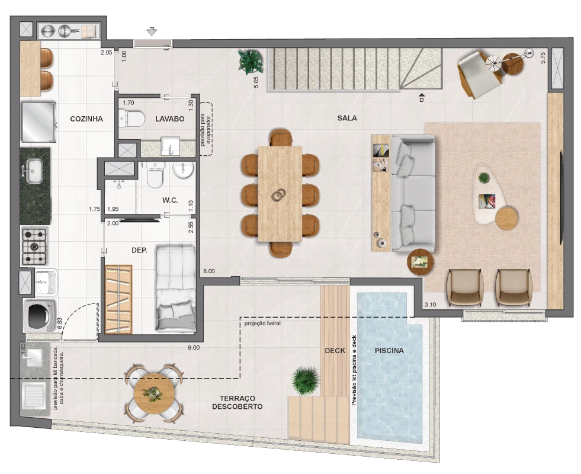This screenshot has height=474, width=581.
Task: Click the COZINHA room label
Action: pos(86,119)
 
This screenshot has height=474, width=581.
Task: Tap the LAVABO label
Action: pos(170,119)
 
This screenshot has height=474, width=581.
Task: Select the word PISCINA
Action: pos(389,351)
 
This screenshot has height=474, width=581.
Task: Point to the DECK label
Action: pos(335,351)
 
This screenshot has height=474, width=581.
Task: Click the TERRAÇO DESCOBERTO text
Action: pos(237,402)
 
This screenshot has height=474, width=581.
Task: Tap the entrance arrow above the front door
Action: pos(152,32)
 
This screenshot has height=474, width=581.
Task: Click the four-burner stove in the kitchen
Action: pos(34,246)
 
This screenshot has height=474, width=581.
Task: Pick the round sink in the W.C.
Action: pos(184,170)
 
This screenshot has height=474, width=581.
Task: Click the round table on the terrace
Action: pos(154,393)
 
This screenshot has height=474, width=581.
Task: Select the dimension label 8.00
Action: pos(209,271)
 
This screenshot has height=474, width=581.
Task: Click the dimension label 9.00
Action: pos(194,348)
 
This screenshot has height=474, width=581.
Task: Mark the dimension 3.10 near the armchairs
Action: pos(430,305)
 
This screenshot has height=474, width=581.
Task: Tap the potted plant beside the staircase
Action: pos(251,62)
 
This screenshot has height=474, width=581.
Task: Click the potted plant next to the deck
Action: pos(306,380)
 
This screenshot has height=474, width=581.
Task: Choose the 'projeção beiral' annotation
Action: pos(262,324)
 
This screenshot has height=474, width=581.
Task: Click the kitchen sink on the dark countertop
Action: pos(34,171)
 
